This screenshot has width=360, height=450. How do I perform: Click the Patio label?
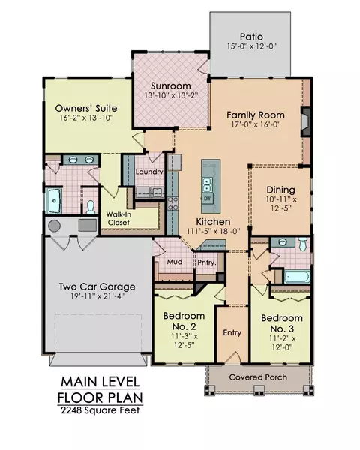point(251,37)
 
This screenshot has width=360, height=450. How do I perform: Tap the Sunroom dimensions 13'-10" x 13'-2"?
point(171,95)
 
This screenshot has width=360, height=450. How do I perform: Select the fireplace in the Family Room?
point(306,121)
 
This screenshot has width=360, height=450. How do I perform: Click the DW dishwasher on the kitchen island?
point(207,198)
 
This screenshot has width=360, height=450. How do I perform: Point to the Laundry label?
point(149,172)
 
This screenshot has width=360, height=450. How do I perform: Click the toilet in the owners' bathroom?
point(91,207)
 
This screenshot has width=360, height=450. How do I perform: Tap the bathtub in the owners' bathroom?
point(54,200)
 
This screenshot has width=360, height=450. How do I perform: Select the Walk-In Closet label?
point(118,218)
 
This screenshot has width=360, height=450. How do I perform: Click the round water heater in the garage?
point(54,226)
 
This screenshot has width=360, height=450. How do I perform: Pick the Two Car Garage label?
point(97,286)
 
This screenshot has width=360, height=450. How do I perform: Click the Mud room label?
point(175,262)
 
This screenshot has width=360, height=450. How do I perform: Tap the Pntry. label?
point(207,262)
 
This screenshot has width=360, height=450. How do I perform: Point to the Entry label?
point(232,332)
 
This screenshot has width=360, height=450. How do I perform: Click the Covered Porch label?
point(258,376)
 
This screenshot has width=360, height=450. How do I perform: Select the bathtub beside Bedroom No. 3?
point(297,277)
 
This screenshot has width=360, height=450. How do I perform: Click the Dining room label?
point(280,190)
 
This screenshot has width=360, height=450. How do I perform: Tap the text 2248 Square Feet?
point(100,410)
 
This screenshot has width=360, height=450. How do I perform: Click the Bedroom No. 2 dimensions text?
point(184,340)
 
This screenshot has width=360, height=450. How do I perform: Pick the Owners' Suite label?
point(86,108)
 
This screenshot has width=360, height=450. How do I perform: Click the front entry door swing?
point(232,357)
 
